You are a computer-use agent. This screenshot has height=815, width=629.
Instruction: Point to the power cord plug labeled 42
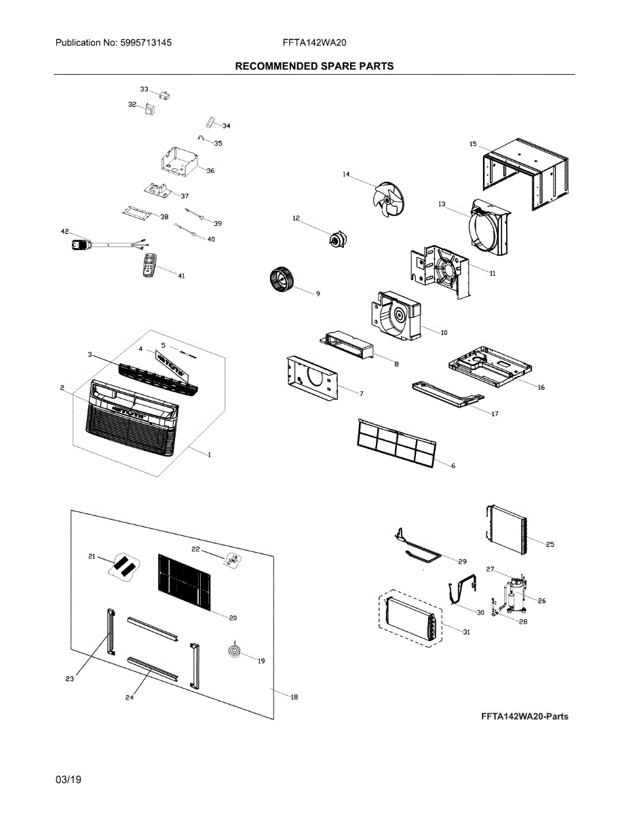coord(81,242)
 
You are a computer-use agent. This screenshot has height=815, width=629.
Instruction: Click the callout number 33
coord(144,89)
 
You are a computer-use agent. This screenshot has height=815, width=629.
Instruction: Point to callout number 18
coord(294,697)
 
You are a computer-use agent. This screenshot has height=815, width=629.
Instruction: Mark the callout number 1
coord(208,455)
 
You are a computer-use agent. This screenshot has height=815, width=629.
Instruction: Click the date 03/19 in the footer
coord(69,780)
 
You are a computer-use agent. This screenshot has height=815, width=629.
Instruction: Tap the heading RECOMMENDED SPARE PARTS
coord(313,66)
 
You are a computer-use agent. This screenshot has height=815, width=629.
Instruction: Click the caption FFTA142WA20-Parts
coord(525,717)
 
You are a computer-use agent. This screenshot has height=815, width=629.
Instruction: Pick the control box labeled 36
coord(178,161)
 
